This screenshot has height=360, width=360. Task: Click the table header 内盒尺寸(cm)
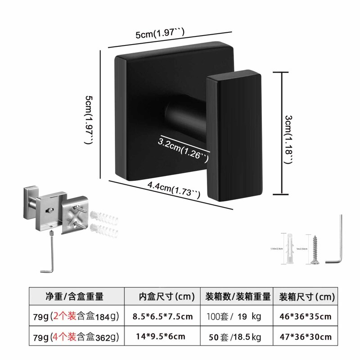coord(166,297)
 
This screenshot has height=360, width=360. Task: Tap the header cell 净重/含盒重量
coord(75,297)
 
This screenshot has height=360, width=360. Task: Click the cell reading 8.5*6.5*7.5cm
coord(162,317)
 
